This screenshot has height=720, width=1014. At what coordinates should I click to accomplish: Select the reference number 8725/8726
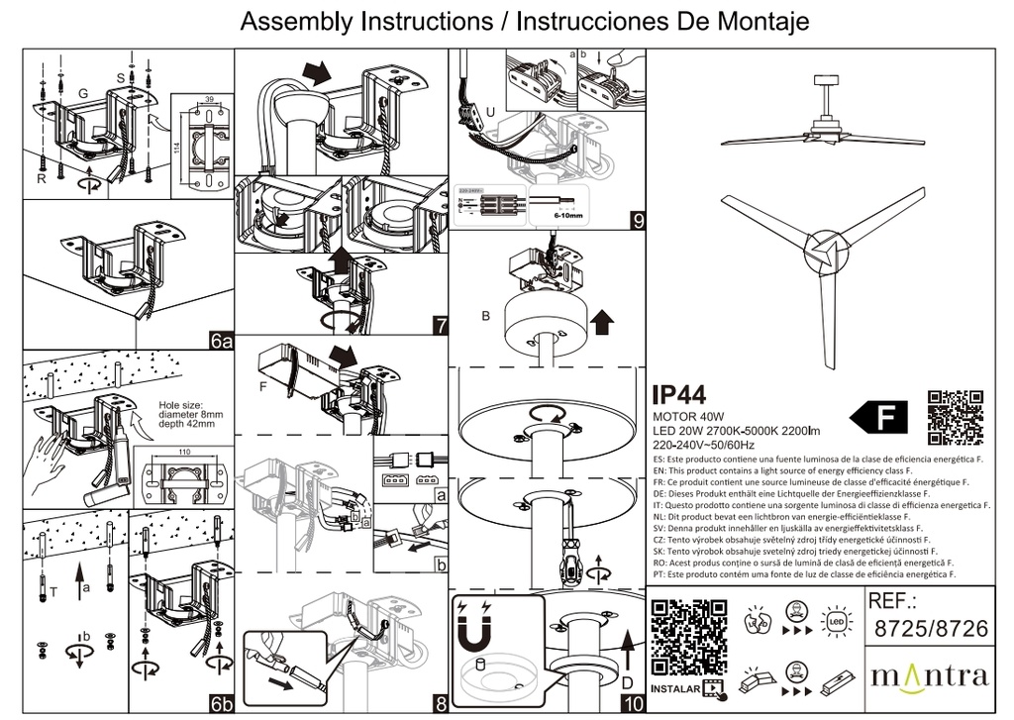[x=930, y=628]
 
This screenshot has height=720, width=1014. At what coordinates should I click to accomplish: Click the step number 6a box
[x=221, y=342]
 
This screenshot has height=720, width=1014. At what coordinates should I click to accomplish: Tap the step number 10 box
[x=633, y=704]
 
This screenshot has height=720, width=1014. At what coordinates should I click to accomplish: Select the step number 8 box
[x=441, y=704]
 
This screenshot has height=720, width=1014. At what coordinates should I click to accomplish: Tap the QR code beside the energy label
[x=956, y=417]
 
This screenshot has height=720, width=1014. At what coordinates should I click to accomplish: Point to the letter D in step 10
[x=626, y=682]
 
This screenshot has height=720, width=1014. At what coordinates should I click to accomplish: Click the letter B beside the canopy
[x=485, y=317]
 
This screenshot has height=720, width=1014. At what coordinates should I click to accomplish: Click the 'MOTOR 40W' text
[x=689, y=417]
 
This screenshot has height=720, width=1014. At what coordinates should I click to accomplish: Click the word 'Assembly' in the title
[x=293, y=21]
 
